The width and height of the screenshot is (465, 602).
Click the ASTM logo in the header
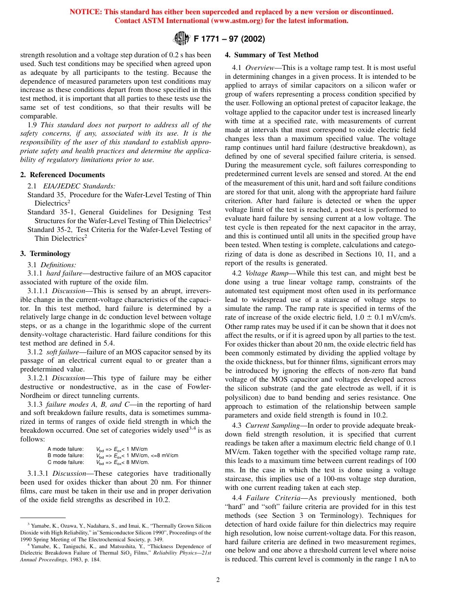tap(182, 38)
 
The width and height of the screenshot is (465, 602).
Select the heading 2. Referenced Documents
tap(62, 175)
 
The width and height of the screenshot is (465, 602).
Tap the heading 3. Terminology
tap(45, 254)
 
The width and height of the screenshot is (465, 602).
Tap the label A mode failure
tap(66, 449)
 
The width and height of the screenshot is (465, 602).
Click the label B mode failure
tap(66, 455)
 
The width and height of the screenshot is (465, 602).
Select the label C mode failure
tap(66, 462)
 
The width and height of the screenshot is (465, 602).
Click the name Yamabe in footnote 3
tap(42, 524)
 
